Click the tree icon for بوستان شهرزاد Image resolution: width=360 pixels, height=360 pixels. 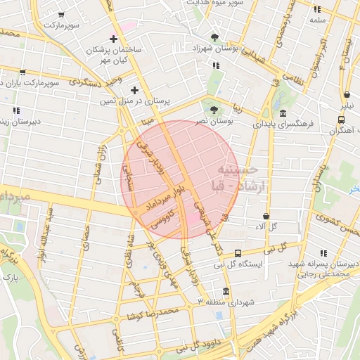[214, 37]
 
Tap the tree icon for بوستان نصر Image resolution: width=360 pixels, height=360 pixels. [212, 108]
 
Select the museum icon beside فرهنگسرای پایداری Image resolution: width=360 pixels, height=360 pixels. [282, 114]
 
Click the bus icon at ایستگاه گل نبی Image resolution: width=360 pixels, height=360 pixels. [238, 253]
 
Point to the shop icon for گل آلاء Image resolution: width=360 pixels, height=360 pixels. [266, 216]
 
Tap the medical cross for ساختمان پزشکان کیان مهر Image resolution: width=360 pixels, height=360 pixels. [113, 38]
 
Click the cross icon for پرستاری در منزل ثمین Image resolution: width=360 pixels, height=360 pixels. [134, 90]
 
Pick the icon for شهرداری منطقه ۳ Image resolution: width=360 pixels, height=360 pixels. [225, 291]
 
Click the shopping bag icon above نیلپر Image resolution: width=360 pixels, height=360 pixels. [347, 95]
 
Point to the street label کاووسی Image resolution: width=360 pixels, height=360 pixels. [163, 219]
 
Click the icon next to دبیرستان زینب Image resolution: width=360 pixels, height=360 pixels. [15, 110]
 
